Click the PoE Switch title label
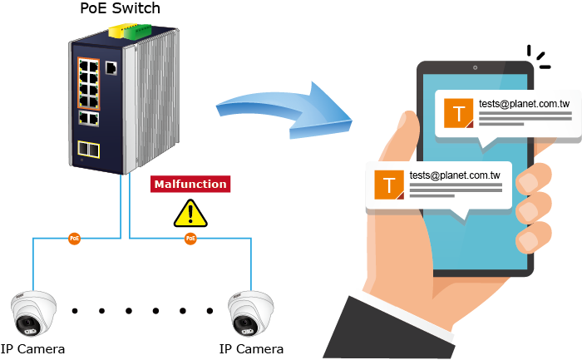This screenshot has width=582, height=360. coord(120,9)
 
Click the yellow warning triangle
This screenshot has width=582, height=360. coord(190,213)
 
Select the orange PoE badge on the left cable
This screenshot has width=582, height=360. coord(75,239)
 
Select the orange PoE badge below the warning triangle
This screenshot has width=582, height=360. coord(190,239)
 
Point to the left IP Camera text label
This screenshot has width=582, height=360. coord(33,348)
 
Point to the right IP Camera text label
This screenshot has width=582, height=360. coord(251,348)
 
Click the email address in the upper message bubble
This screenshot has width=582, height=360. coord(524,104)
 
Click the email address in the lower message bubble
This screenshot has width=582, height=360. coord(454,175)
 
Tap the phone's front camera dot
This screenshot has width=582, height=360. coord(475,67)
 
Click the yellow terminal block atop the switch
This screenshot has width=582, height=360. coord(113,32)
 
